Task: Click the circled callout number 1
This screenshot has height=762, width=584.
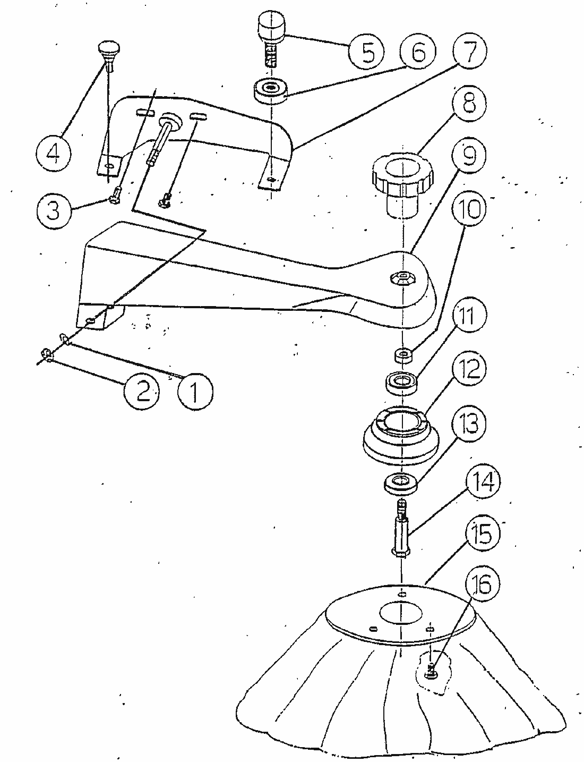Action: click(x=195, y=391)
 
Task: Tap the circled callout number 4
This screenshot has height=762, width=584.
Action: click(x=54, y=154)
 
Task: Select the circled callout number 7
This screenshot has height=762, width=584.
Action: click(x=469, y=50)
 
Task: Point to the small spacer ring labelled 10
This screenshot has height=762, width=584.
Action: click(x=403, y=354)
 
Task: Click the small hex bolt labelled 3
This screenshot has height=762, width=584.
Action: click(x=115, y=194)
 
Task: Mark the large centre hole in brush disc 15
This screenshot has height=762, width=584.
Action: click(x=401, y=613)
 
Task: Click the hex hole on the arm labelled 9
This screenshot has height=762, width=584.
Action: click(x=403, y=277)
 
